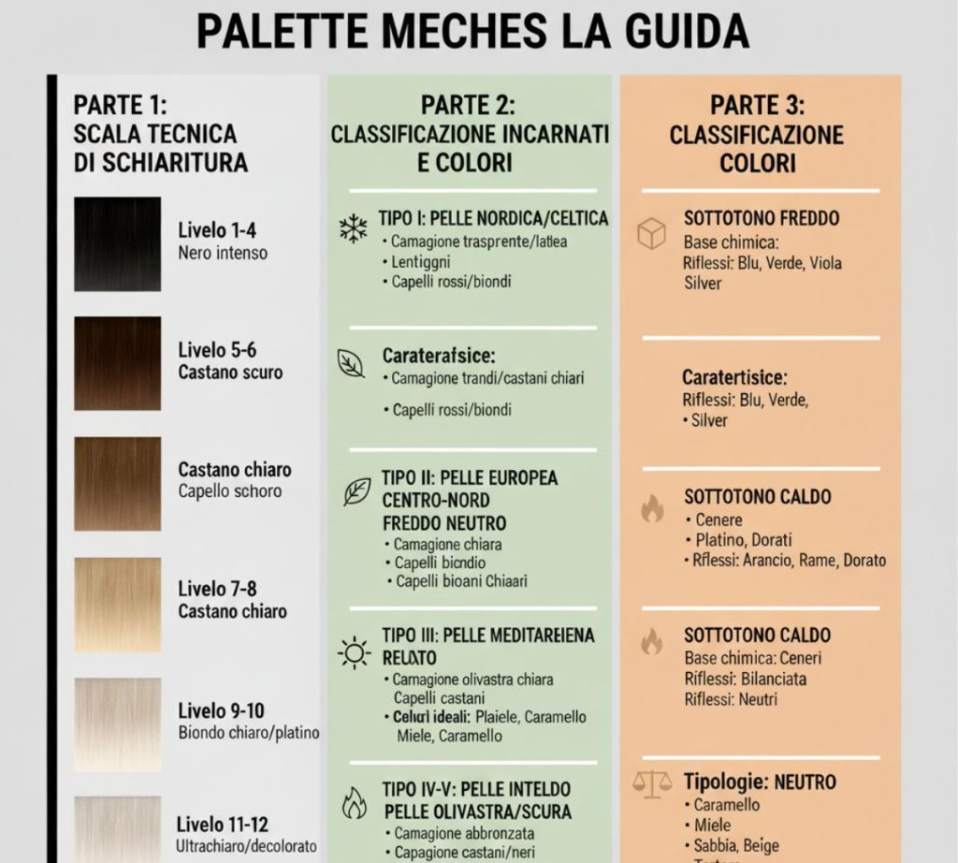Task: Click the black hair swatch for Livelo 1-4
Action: (x=118, y=244)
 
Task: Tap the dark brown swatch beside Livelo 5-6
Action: (x=118, y=363)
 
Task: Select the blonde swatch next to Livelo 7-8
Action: (x=118, y=605)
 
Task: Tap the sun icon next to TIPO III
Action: (x=355, y=651)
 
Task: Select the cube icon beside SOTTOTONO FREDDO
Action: (x=651, y=233)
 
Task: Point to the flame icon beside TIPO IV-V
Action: (x=354, y=802)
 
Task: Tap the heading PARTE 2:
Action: (x=468, y=105)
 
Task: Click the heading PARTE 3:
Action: (x=758, y=105)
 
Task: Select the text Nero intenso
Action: (x=223, y=253)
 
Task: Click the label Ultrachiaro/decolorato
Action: (x=247, y=845)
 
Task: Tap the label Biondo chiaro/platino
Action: (x=249, y=732)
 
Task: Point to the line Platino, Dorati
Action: (x=744, y=540)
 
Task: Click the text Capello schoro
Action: (x=230, y=491)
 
